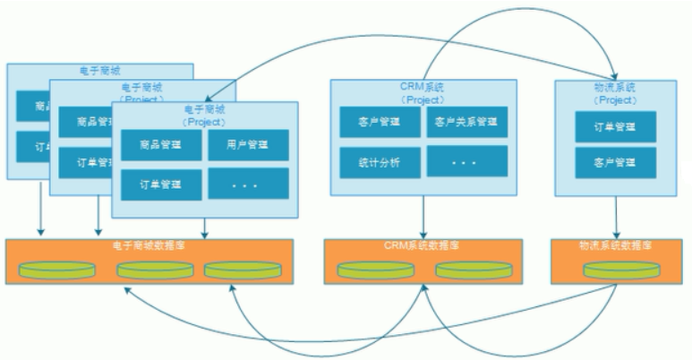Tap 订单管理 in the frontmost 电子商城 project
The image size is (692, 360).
(x=161, y=184)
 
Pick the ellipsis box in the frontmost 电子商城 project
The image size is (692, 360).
(x=249, y=184)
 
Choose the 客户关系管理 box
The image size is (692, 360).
(x=465, y=122)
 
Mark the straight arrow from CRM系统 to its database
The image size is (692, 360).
(x=423, y=217)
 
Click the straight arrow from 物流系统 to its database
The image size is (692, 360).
(x=618, y=217)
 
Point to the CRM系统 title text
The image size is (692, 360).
(x=423, y=88)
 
